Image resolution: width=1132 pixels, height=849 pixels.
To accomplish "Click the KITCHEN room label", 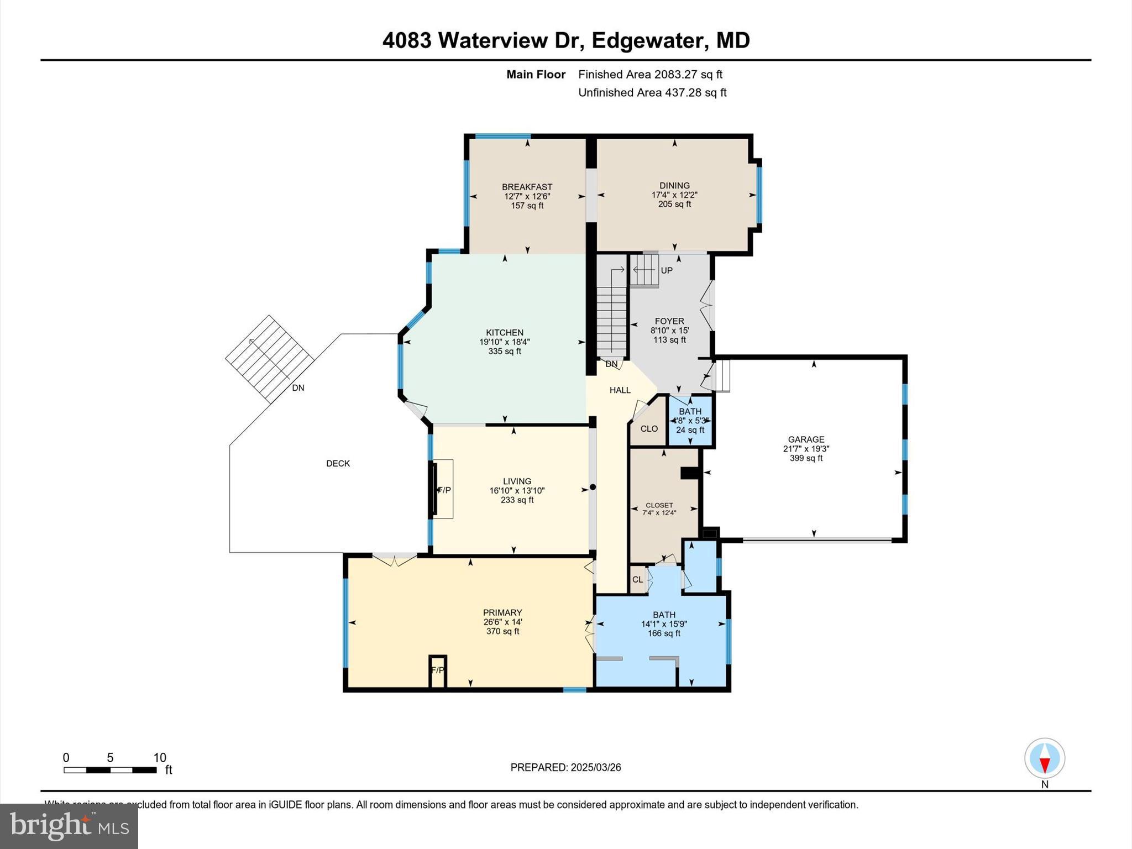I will (x=504, y=332).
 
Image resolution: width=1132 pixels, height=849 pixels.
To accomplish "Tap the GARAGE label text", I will (x=806, y=439).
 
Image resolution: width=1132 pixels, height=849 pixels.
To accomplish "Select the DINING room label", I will (x=674, y=185).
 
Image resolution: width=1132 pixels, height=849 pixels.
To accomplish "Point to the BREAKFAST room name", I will (x=527, y=187).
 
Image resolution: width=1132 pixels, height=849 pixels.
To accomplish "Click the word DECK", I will (x=338, y=463).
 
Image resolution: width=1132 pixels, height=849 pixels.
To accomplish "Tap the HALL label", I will (x=620, y=390).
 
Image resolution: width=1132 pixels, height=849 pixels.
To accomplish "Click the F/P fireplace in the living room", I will (x=444, y=490).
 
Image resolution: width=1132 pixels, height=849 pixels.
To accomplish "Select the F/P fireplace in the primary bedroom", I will (x=437, y=670).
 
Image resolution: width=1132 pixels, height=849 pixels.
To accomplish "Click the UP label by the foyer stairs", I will (x=667, y=270).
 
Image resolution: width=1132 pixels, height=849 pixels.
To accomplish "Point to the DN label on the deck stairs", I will (x=298, y=387).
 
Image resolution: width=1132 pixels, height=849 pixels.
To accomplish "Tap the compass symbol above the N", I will (x=1044, y=758).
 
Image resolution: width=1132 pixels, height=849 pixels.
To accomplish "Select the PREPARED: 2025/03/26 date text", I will (x=565, y=767).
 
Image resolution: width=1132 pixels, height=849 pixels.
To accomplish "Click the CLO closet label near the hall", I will (x=649, y=428).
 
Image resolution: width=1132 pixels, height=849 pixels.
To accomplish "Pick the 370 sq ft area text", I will (x=502, y=631).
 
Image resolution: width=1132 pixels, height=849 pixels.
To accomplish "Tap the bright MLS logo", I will (x=69, y=826).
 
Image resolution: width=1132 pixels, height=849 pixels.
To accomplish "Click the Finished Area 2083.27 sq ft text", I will (x=650, y=74).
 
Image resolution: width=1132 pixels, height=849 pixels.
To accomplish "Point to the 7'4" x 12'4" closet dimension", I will (x=659, y=512).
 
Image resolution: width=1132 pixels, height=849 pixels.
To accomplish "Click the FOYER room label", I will (x=669, y=321).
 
